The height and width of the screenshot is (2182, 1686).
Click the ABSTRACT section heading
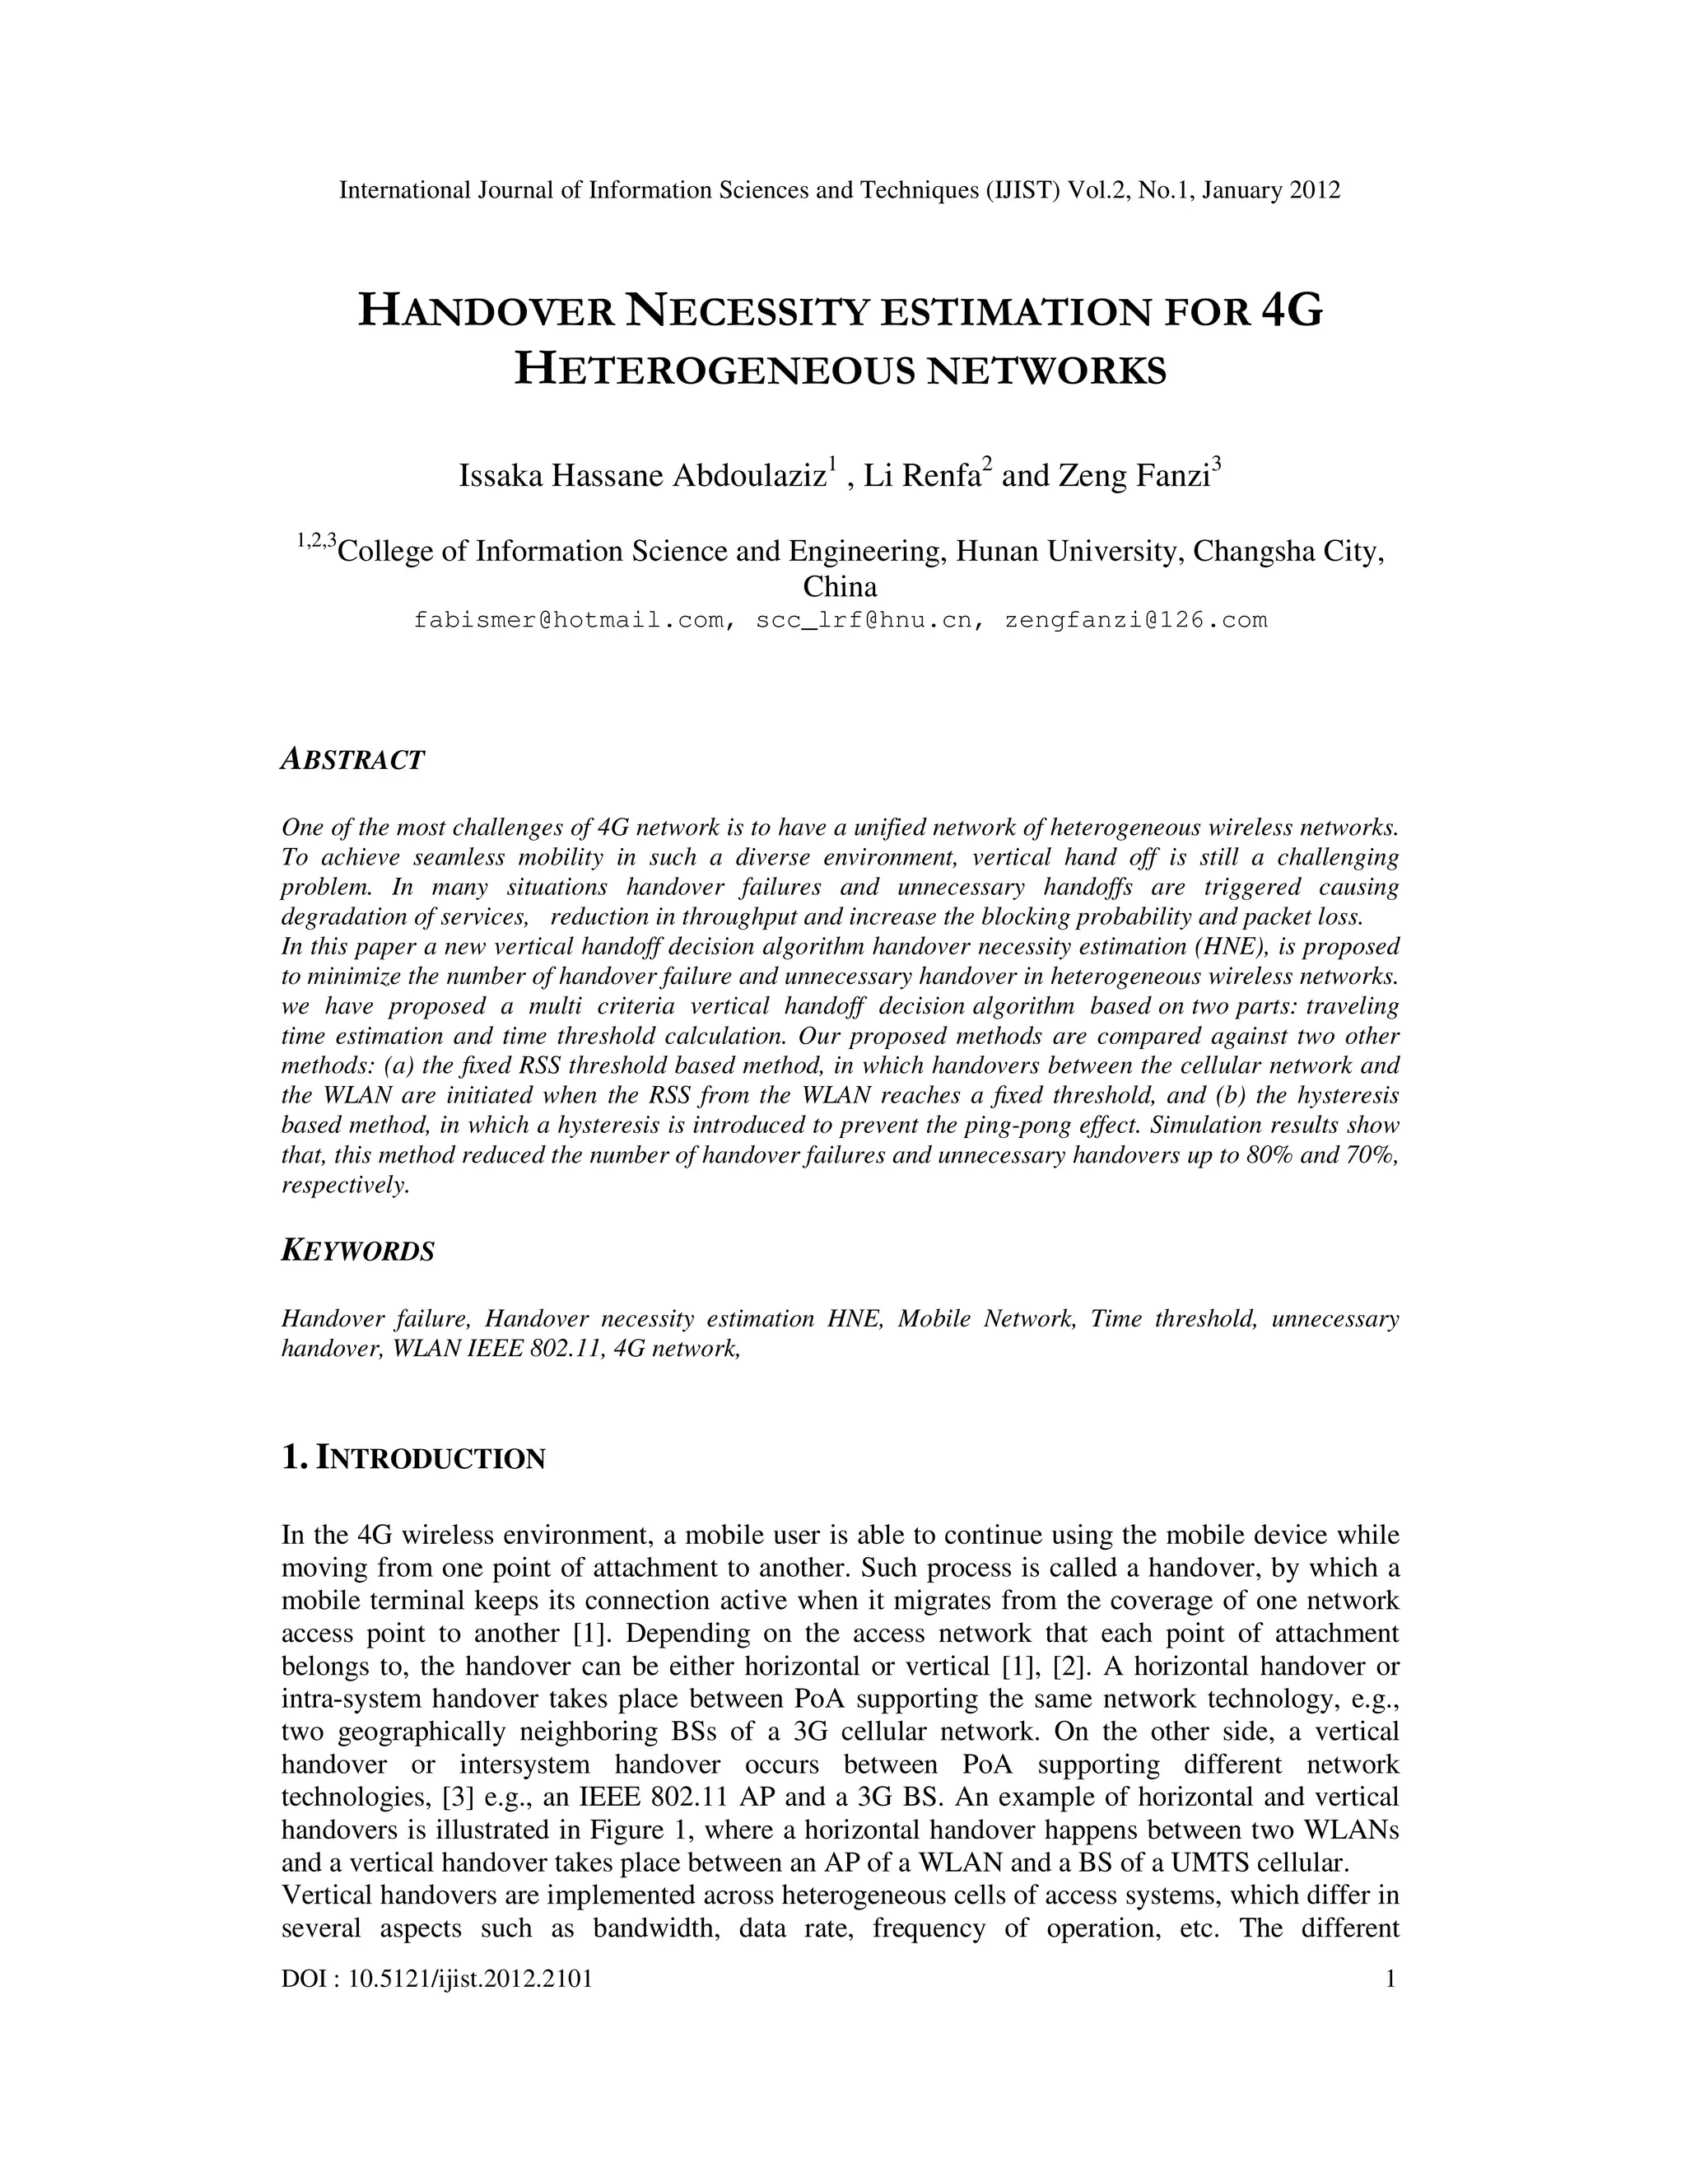[x=352, y=760]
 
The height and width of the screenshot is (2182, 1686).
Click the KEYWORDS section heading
[x=357, y=1251]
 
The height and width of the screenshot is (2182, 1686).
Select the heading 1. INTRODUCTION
[x=413, y=1459]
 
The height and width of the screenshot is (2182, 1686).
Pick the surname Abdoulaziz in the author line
[x=749, y=477]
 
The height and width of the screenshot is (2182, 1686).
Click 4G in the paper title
[x=1292, y=310]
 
